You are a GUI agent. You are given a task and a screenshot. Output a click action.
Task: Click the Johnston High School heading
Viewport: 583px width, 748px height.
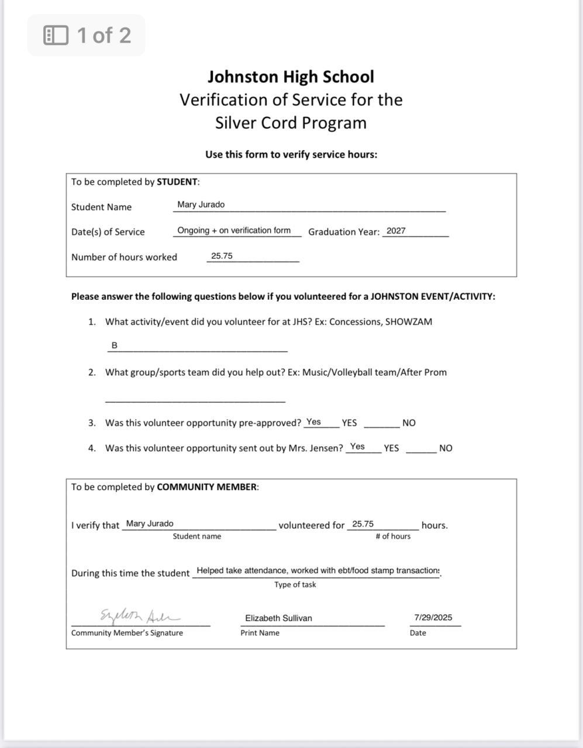291,77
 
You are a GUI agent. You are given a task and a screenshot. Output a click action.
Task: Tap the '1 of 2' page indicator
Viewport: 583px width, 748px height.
104,35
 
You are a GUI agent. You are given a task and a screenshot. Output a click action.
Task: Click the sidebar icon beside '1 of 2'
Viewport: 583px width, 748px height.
56,35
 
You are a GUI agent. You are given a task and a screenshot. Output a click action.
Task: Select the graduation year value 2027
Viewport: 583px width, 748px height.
396,231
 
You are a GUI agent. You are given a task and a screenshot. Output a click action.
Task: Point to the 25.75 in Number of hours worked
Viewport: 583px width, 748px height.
222,256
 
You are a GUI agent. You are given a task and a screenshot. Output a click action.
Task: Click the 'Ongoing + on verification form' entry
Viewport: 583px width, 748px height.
234,230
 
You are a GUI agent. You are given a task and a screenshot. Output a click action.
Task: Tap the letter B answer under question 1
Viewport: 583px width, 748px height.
114,345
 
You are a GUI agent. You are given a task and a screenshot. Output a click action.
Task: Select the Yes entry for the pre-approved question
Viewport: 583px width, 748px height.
313,422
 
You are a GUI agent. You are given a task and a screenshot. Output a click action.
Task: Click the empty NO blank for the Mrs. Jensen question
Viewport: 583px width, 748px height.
421,449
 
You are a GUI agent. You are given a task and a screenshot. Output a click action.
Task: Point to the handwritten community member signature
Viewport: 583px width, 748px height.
140,615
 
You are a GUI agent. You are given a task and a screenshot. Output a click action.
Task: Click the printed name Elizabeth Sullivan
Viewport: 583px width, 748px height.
278,618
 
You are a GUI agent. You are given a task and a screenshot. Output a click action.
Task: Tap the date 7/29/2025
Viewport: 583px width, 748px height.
433,617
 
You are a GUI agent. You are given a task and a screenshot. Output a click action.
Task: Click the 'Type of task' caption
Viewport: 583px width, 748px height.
295,584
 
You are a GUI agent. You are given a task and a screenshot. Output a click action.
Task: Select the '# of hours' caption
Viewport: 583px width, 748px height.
393,536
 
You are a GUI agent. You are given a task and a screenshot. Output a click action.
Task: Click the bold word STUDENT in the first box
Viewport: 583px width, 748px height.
177,182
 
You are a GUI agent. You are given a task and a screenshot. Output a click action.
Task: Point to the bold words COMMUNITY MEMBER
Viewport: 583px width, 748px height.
207,487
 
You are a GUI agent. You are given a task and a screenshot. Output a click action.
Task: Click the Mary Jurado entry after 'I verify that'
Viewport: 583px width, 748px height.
150,524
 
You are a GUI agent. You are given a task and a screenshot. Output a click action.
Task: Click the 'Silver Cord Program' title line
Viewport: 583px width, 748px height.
291,123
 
